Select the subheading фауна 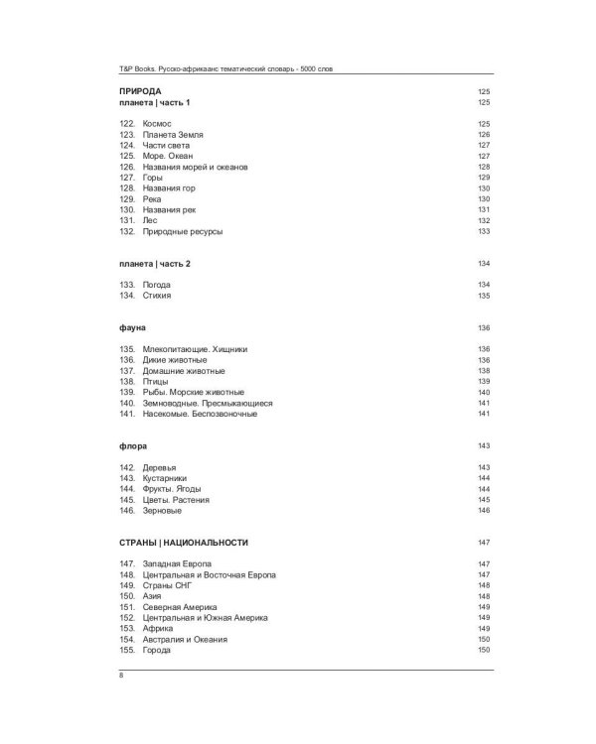point(133,327)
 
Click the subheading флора point(133,445)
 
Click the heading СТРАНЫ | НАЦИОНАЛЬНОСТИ point(184,543)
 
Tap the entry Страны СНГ point(165,585)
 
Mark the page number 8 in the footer point(122,676)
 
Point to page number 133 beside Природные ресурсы point(485,231)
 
